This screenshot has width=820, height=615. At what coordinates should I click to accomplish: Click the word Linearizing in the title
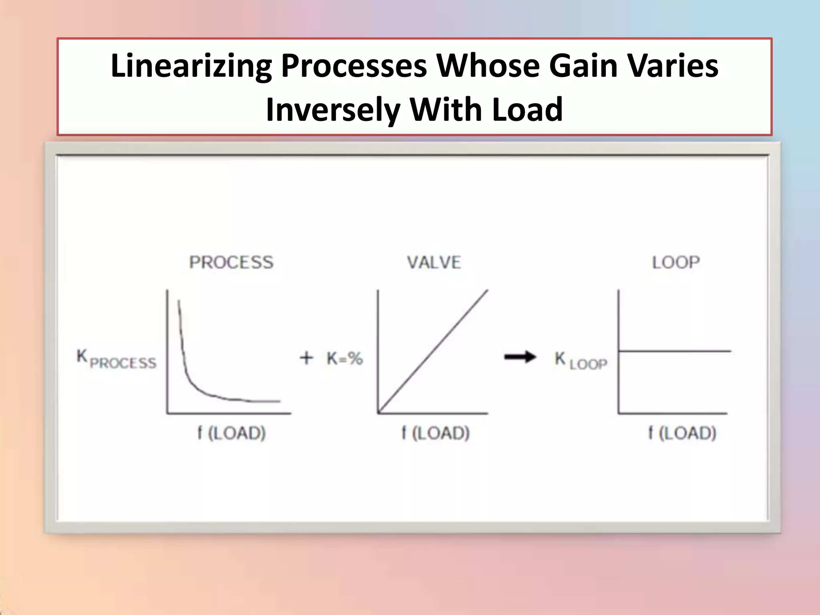(x=191, y=66)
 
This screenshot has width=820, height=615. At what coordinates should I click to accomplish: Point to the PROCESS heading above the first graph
(x=231, y=263)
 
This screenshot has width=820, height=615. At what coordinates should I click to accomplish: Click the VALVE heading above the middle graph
(x=434, y=263)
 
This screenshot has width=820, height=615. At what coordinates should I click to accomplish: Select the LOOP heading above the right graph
(x=676, y=263)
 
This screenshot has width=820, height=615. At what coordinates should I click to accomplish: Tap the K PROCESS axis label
(x=116, y=359)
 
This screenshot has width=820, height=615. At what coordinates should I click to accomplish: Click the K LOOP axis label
(x=581, y=360)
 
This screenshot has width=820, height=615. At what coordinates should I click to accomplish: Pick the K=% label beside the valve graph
(x=345, y=358)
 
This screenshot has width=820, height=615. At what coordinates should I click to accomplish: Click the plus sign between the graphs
(x=306, y=358)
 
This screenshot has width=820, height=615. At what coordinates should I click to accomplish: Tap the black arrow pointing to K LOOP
(x=520, y=356)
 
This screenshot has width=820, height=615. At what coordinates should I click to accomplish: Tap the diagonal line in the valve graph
(x=433, y=352)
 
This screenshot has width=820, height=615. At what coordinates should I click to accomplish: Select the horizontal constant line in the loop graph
(x=675, y=351)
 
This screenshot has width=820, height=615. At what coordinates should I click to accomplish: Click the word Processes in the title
(x=354, y=66)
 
